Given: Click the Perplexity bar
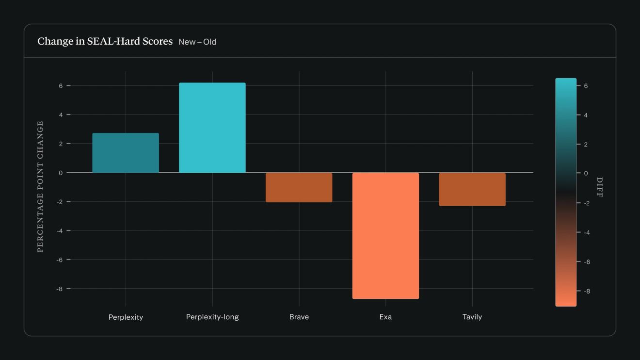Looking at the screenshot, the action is [x=126, y=153].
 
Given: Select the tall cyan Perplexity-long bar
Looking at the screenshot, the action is [x=212, y=128].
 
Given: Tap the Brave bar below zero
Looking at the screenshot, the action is [x=299, y=188].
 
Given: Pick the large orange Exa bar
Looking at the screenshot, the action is [x=386, y=236].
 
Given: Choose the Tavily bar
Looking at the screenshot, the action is [x=472, y=189].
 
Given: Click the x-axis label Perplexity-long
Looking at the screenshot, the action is [x=212, y=317].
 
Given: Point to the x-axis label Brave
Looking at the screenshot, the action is [x=299, y=317].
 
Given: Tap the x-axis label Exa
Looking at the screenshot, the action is [x=386, y=317].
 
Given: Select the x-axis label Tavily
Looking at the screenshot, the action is [x=472, y=317].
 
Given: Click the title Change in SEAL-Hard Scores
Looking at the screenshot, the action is [x=105, y=41].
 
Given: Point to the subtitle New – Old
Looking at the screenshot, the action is [x=197, y=42].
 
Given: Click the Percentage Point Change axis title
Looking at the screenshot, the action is [x=40, y=187].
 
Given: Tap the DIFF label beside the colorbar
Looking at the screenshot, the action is [x=600, y=187].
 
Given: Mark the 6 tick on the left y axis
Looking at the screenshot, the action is [x=61, y=86].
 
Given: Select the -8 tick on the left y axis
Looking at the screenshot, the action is [x=60, y=289].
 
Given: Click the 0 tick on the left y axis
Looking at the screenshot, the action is [x=61, y=173].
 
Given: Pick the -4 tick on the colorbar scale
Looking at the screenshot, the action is [x=587, y=232].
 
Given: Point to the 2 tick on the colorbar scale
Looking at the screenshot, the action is [x=586, y=145].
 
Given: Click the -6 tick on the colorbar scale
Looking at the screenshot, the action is [x=587, y=262].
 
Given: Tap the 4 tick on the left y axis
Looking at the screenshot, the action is [x=61, y=115].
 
